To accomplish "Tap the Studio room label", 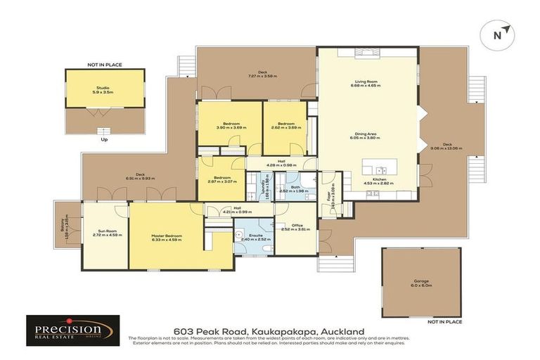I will coord(103,88).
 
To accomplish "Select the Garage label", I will coord(421,282).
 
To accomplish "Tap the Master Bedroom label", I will coord(167,236).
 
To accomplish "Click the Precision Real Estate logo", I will coord(72,330).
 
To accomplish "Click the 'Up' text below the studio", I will coord(104,139).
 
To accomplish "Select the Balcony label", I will coord(63,226).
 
